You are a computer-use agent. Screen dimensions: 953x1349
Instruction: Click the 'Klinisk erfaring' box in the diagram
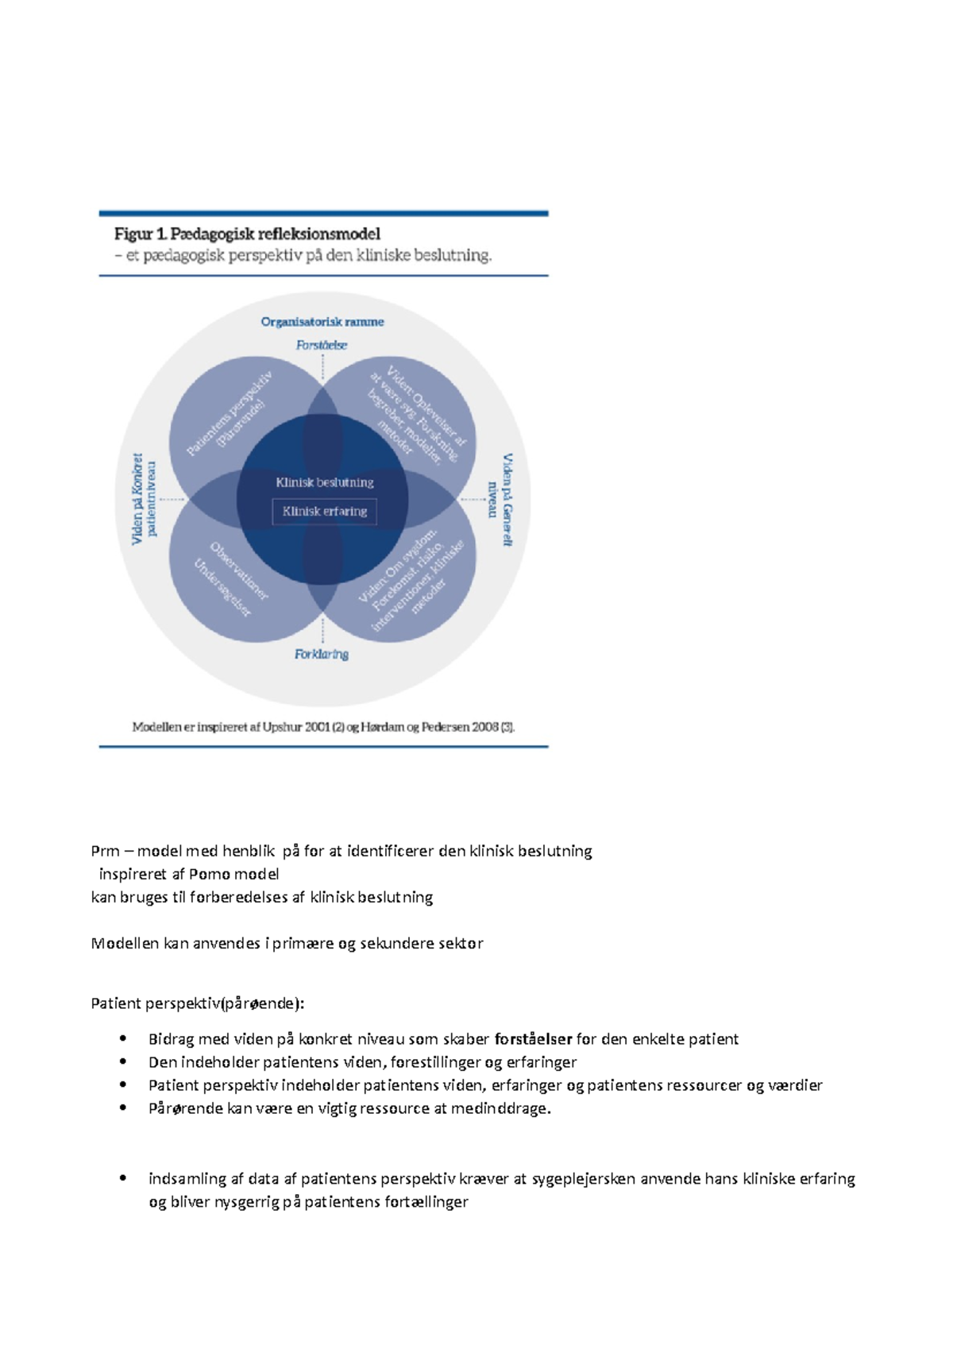coord(325,512)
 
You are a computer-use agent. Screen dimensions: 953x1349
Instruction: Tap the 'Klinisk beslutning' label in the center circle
coord(324,482)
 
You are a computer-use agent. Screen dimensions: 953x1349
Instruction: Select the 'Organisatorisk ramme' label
coord(322,322)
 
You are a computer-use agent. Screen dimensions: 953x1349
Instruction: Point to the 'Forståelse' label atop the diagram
coord(322,345)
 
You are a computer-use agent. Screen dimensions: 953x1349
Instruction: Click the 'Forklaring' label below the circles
coord(322,654)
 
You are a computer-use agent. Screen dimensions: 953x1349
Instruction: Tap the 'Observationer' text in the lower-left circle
coord(239,570)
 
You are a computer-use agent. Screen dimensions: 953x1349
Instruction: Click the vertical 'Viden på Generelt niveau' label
coord(500,500)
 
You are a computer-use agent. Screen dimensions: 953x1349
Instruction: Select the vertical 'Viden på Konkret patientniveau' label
coord(144,499)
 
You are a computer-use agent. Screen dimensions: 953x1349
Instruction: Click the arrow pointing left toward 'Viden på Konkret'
coord(172,500)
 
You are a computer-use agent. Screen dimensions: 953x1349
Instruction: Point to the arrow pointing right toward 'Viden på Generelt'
coord(474,500)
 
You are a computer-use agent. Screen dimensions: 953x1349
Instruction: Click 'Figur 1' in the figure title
coord(140,234)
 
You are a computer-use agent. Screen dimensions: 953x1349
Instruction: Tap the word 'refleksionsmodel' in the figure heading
coord(318,234)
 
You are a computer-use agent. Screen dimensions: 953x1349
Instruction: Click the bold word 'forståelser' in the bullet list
coord(533,1039)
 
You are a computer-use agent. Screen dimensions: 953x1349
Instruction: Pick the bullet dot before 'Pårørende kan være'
coord(123,1107)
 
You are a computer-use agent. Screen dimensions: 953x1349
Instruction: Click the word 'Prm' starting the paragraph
coord(105,851)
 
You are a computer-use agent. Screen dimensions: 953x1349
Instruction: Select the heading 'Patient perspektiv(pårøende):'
coord(198,1003)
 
